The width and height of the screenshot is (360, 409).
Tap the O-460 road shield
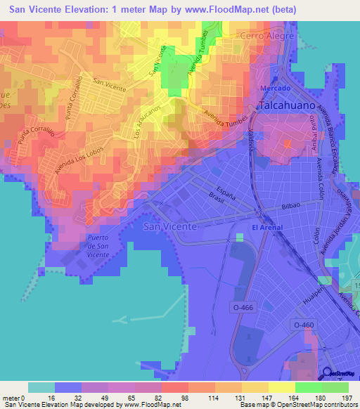coord(302,324)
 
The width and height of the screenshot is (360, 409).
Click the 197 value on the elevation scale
coord(347,398)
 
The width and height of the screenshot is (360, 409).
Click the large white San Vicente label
coord(165,226)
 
